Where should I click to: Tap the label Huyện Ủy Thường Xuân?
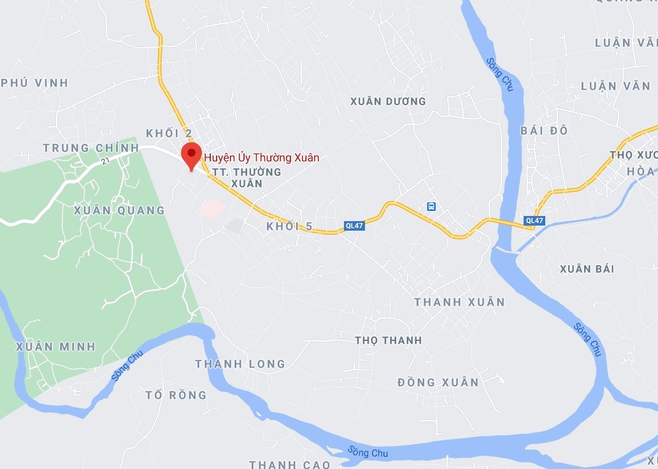tap(261, 157)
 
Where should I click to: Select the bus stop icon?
tap(432, 206)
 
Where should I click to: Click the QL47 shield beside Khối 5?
tap(354, 226)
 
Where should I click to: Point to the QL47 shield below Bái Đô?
tap(534, 221)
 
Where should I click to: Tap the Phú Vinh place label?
tap(34, 83)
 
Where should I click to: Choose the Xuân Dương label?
tap(388, 101)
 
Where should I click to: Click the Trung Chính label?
tap(90, 148)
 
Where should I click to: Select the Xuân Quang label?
tap(119, 210)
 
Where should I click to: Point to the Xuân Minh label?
tap(55, 347)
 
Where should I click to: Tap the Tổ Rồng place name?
tap(176, 395)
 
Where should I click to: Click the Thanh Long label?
tap(240, 364)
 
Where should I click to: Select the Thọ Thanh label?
tap(388, 340)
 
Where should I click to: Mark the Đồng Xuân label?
tap(438, 382)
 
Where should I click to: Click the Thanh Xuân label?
tap(459, 302)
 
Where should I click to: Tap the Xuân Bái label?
tap(587, 269)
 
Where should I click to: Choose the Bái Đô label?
tap(543, 131)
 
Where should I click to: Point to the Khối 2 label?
tap(169, 133)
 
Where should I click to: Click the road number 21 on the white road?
tap(104, 162)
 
